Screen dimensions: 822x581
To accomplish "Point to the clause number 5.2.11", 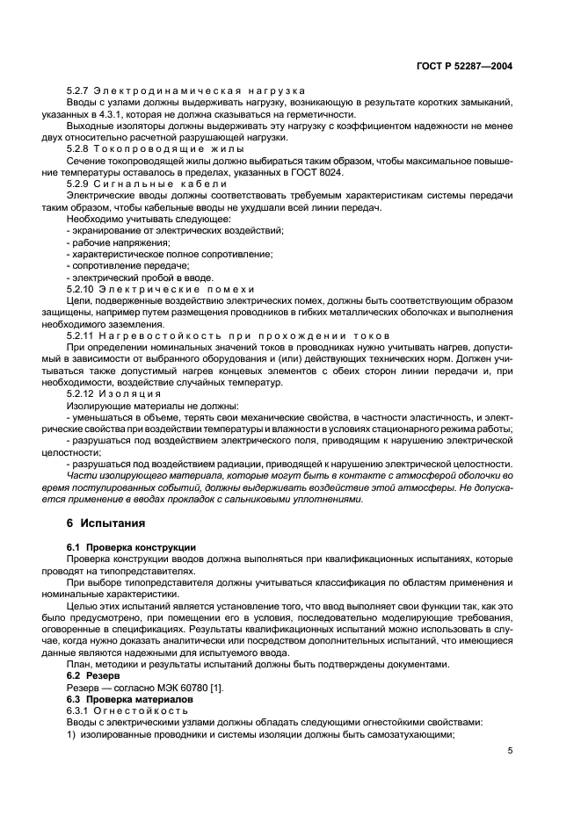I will (82, 335).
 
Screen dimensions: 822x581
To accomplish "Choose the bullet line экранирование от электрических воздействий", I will (175, 230).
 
